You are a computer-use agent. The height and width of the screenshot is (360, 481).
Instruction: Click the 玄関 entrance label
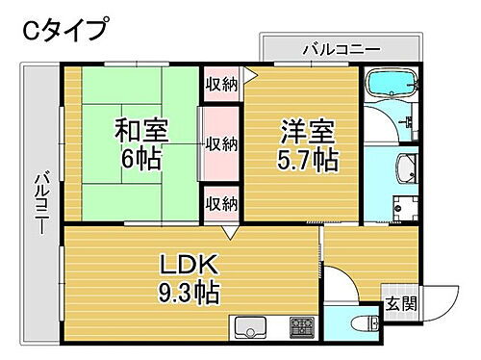[401, 305]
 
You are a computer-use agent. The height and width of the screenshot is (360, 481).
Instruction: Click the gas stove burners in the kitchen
[303, 327]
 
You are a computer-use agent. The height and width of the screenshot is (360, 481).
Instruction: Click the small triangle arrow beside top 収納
[250, 73]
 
